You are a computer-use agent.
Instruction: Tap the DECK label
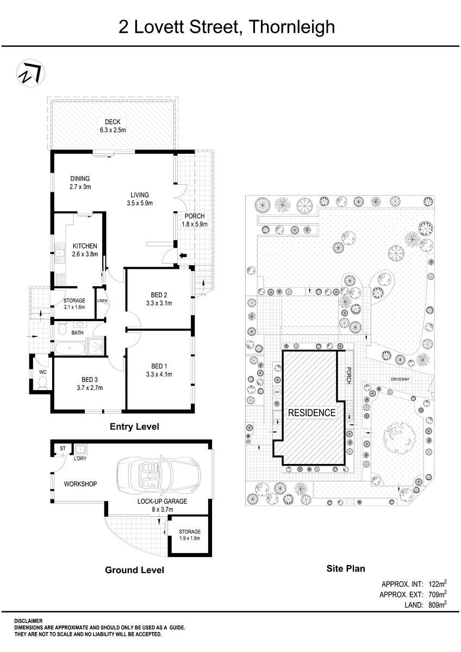click(112, 122)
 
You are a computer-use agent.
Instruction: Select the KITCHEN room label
click(85, 246)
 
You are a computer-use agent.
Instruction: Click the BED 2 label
click(159, 294)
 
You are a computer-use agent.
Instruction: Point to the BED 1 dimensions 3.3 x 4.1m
click(159, 374)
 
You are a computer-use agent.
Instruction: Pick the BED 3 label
click(90, 379)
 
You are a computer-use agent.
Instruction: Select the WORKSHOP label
click(80, 484)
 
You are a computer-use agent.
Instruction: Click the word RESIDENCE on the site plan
click(312, 413)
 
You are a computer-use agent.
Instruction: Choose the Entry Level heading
click(134, 427)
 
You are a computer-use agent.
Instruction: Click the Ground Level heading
click(134, 570)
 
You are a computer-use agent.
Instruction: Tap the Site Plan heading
click(345, 569)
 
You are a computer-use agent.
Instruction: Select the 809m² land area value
click(438, 604)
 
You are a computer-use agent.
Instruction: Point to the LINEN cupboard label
click(102, 301)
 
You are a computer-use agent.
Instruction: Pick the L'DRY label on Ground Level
click(80, 459)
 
